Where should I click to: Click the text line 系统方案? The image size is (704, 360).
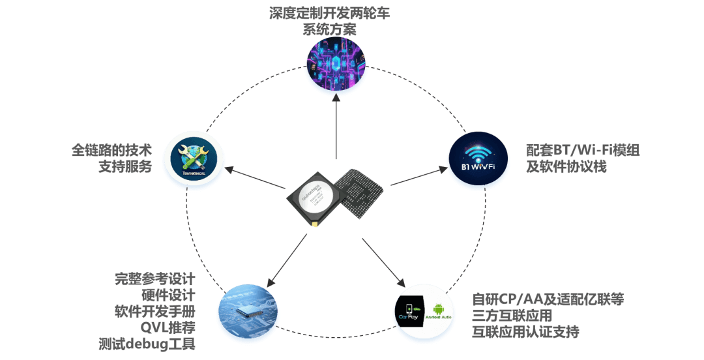(334, 29)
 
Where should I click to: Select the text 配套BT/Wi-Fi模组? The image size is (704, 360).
(583, 151)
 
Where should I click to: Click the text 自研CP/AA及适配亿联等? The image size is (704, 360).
(548, 299)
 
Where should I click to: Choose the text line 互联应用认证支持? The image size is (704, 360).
(525, 331)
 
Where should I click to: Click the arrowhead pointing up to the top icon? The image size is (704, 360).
(335, 98)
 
